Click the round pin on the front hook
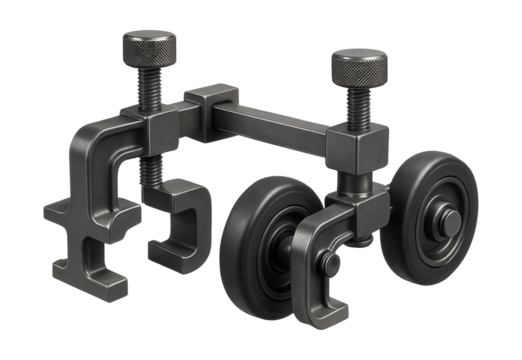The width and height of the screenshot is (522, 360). tap(329, 264)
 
